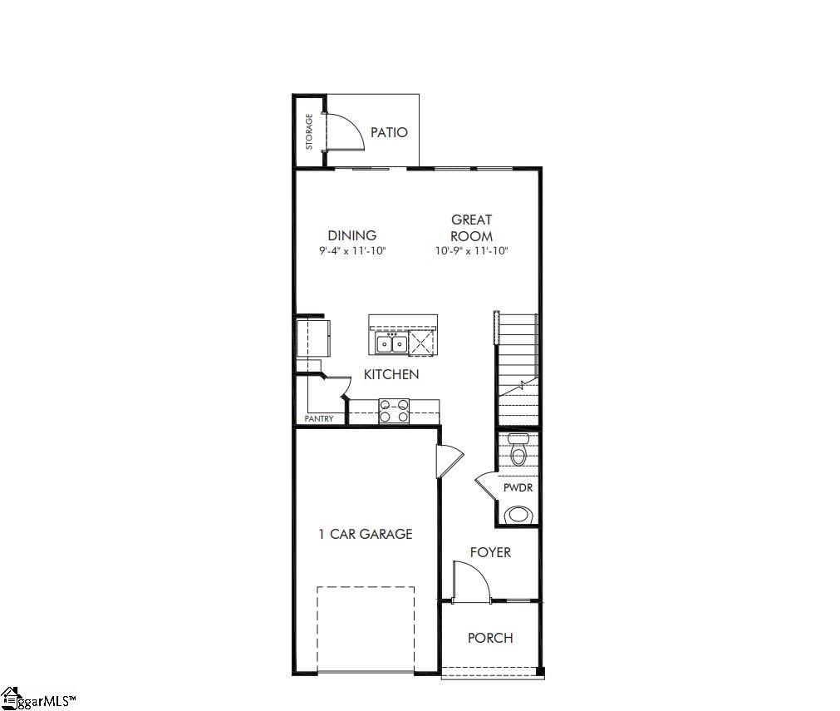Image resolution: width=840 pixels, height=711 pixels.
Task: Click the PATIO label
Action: coord(389,132)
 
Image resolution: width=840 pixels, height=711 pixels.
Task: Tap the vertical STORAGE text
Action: coord(309,132)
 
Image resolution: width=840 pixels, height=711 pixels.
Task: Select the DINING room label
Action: coord(351,235)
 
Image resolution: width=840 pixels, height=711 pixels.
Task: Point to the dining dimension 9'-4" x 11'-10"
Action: coord(351,250)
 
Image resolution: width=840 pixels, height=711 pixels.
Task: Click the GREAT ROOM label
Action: coord(471,228)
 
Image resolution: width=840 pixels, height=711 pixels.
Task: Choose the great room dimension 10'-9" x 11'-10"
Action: coord(471,250)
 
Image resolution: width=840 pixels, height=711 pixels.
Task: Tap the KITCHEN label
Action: coord(391,374)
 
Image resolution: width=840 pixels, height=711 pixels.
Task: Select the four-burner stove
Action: coord(394,410)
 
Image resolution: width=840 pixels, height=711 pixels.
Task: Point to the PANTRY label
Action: coord(319,419)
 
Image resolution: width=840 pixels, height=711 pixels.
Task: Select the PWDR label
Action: coord(518,488)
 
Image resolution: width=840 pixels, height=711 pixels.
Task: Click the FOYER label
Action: coord(490,552)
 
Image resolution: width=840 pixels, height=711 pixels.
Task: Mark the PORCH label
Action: coord(489,638)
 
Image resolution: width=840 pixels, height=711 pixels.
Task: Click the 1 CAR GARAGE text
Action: coord(365,534)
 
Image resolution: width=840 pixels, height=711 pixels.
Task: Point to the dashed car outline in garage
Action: coord(365,629)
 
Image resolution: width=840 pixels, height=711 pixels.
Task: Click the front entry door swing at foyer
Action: coord(470,582)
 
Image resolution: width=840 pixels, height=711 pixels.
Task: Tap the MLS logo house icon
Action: coord(10,697)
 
